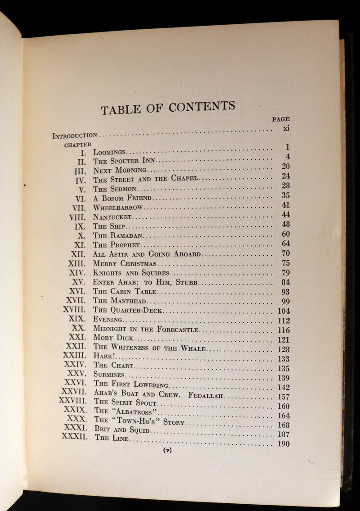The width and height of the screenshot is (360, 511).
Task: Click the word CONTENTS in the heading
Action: pyautogui.click(x=202, y=107)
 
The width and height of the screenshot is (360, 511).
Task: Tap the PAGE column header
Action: pyautogui.click(x=281, y=119)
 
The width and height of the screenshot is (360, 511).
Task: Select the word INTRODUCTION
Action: pyautogui.click(x=75, y=135)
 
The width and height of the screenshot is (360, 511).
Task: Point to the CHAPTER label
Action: pyautogui.click(x=78, y=145)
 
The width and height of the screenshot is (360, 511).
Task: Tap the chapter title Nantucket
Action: pyautogui.click(x=112, y=217)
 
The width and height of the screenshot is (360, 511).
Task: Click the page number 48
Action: pyautogui.click(x=286, y=224)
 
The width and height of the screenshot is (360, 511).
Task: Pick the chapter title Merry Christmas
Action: pyautogui.click(x=125, y=263)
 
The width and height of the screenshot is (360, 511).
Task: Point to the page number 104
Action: pyautogui.click(x=284, y=311)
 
